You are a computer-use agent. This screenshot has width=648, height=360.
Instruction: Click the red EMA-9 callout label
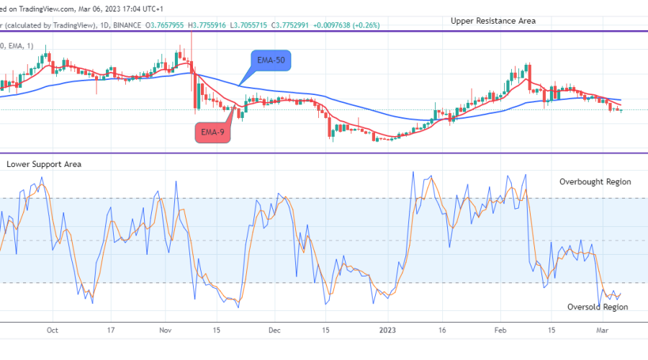pyautogui.click(x=213, y=132)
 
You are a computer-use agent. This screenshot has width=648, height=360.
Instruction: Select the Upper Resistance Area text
pyautogui.click(x=492, y=21)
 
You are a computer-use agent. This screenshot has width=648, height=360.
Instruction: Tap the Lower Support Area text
pyautogui.click(x=44, y=164)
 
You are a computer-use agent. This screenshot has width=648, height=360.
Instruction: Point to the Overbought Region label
pyautogui.click(x=595, y=182)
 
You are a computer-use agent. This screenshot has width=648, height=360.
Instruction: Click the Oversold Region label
pyautogui.click(x=598, y=307)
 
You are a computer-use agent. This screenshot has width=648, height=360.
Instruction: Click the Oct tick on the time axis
pyautogui.click(x=51, y=331)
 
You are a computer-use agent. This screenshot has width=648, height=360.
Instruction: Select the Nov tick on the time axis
pyautogui.click(x=165, y=331)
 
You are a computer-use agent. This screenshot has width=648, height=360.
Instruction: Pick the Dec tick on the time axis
pyautogui.click(x=274, y=331)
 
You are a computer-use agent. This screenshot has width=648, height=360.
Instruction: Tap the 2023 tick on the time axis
pyautogui.click(x=388, y=331)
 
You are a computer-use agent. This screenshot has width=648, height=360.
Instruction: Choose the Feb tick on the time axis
pyautogui.click(x=502, y=331)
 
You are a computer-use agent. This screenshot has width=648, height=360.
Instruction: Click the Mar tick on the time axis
pyautogui.click(x=604, y=331)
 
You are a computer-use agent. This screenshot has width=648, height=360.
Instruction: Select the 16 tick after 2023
pyautogui.click(x=443, y=331)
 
